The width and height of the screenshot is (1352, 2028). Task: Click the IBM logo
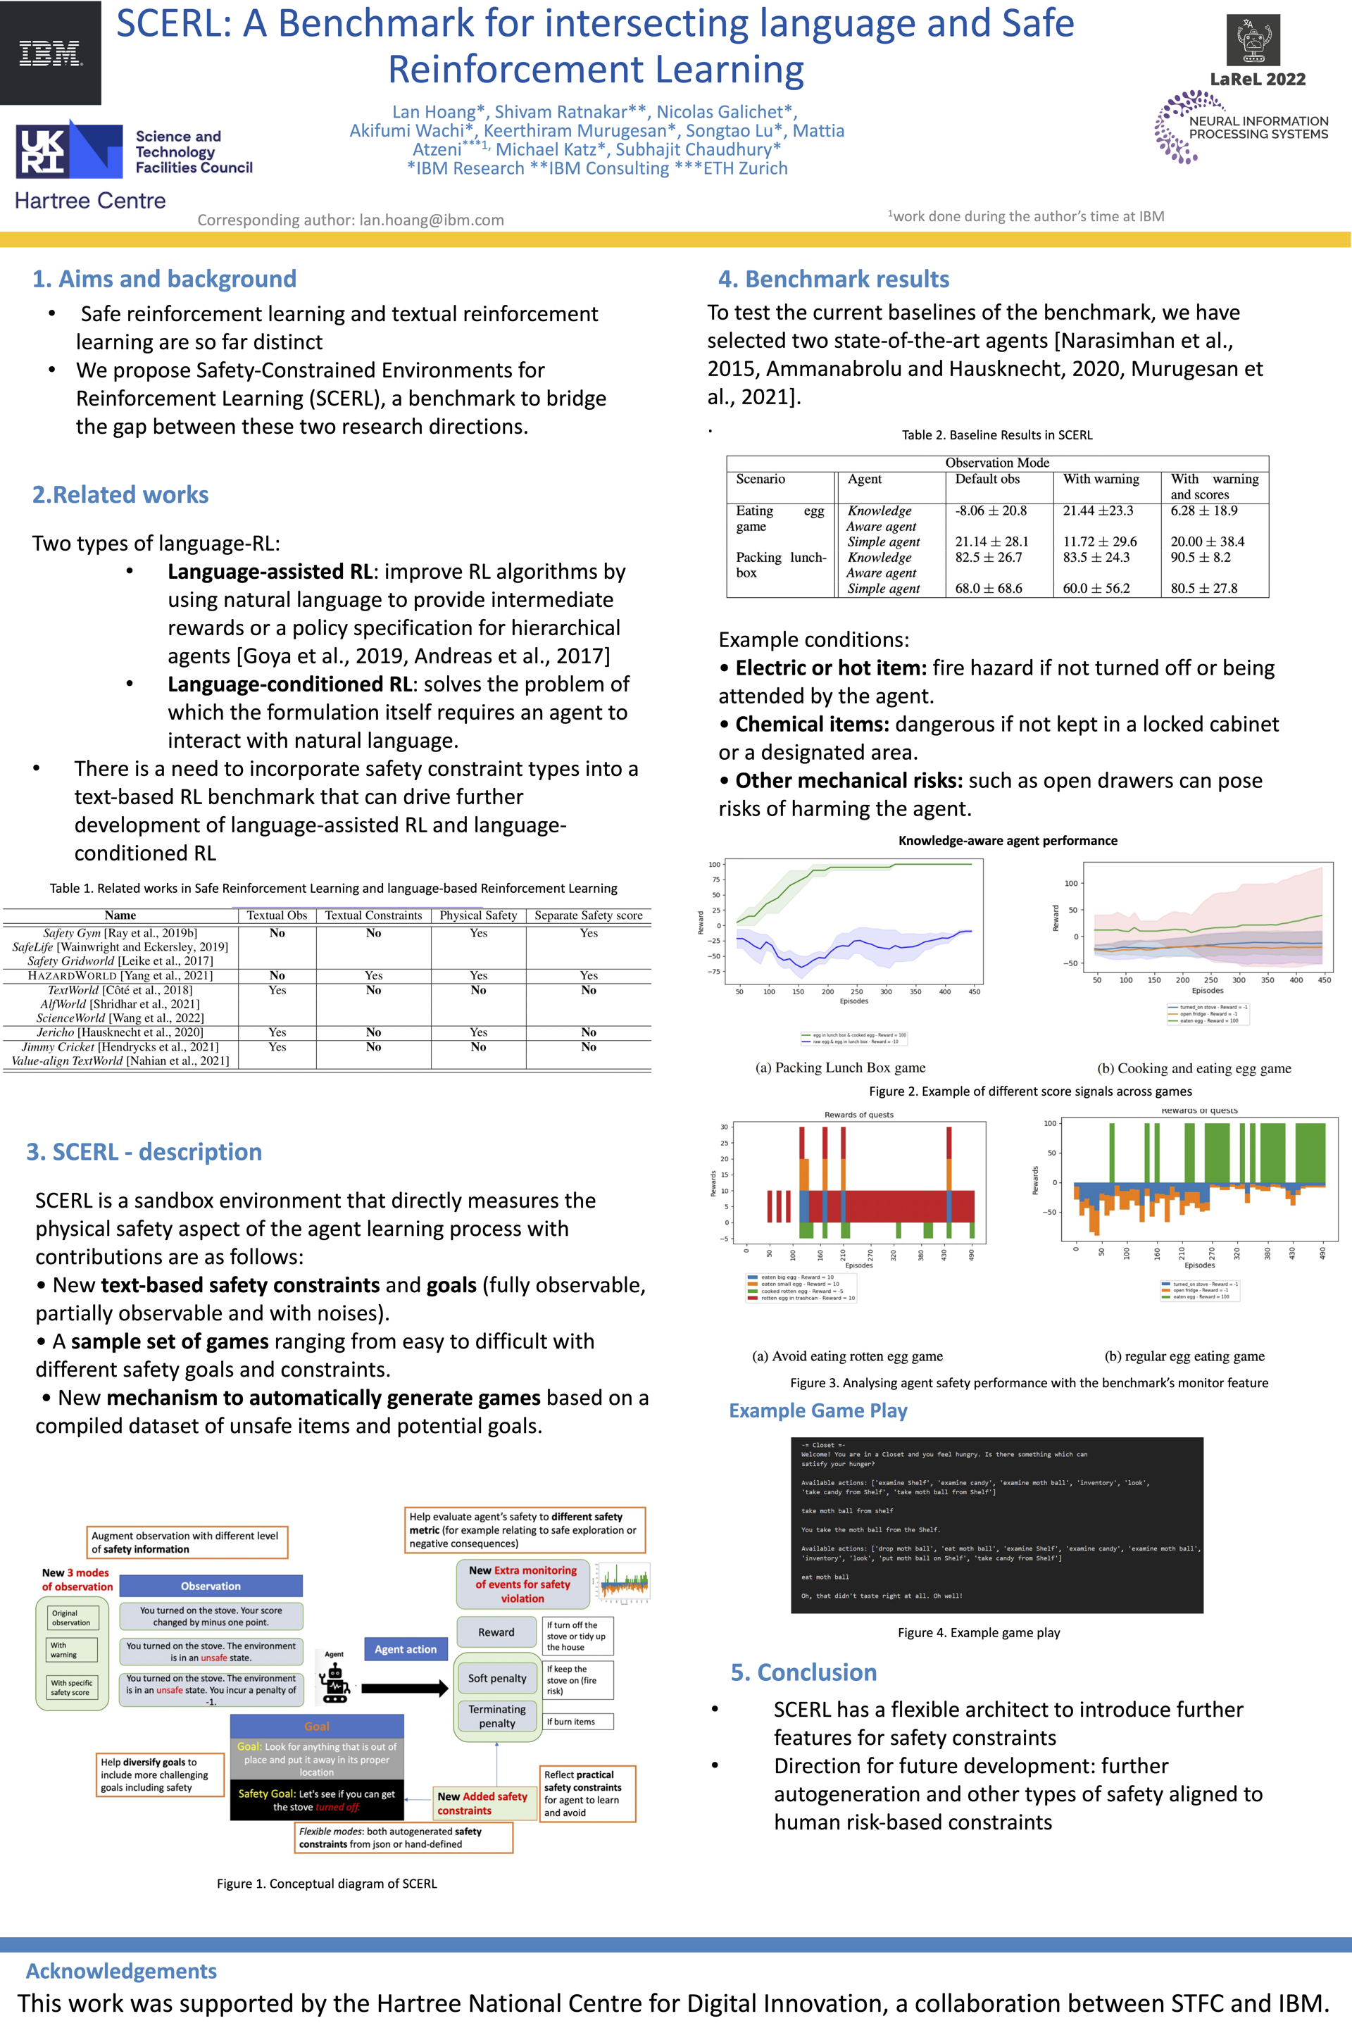(x=50, y=54)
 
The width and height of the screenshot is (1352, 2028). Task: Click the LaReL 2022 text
(x=1257, y=80)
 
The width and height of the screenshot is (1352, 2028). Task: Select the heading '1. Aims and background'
(x=164, y=279)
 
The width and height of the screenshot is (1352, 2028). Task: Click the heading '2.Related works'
(x=120, y=494)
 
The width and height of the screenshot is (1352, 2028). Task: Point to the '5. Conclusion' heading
(x=803, y=1672)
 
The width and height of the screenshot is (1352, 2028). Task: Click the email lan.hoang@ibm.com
(x=431, y=220)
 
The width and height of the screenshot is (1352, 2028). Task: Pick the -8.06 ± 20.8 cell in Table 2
(x=990, y=511)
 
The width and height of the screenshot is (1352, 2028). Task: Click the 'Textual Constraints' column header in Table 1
(x=373, y=915)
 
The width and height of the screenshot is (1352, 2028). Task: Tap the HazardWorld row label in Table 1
(x=120, y=975)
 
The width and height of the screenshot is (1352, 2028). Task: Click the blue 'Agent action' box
(x=406, y=1648)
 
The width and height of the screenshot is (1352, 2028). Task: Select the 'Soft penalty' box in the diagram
(x=496, y=1678)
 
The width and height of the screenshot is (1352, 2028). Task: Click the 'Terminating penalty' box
(x=496, y=1716)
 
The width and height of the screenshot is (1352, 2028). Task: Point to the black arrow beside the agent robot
(x=403, y=1687)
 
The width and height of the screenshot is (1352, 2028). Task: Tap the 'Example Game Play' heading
(x=818, y=1410)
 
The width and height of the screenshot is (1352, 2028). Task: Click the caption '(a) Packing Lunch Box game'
(x=840, y=1068)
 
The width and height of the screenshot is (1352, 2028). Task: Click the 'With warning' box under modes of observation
(x=73, y=1649)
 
